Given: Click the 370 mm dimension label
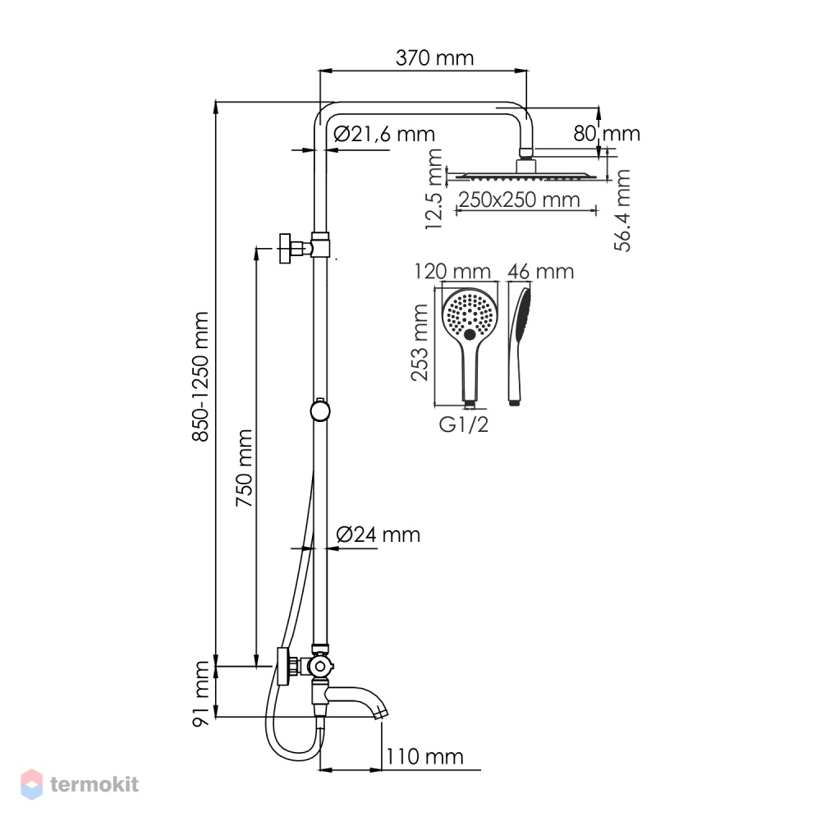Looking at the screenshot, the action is tap(434, 57).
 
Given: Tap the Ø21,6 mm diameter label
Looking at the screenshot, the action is tap(384, 134).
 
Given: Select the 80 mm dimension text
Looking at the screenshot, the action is tap(607, 134).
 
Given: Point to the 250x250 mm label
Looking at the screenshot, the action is tap(520, 200).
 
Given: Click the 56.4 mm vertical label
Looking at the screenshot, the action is tap(622, 210).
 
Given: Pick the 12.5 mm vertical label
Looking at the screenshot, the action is tap(434, 190).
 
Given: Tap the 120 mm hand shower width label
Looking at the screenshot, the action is tap(452, 271).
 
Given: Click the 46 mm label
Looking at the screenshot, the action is tap(540, 271).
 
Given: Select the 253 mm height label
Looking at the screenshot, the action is tap(420, 342).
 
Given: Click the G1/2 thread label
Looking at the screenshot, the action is tap(463, 424).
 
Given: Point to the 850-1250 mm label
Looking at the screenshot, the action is tap(200, 377).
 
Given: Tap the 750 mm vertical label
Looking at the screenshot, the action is tap(244, 468).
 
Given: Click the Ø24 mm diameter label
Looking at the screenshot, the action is tap(378, 534).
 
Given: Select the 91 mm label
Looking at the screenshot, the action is tap(201, 694).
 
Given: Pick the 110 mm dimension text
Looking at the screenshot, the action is tap(424, 757).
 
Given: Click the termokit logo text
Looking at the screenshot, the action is tap(94, 784).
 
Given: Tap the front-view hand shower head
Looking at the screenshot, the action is tap(470, 316).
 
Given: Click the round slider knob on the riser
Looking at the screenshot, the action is tap(320, 411).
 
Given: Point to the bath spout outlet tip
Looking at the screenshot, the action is tap(383, 714).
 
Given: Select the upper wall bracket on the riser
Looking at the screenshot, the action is tap(305, 247).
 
